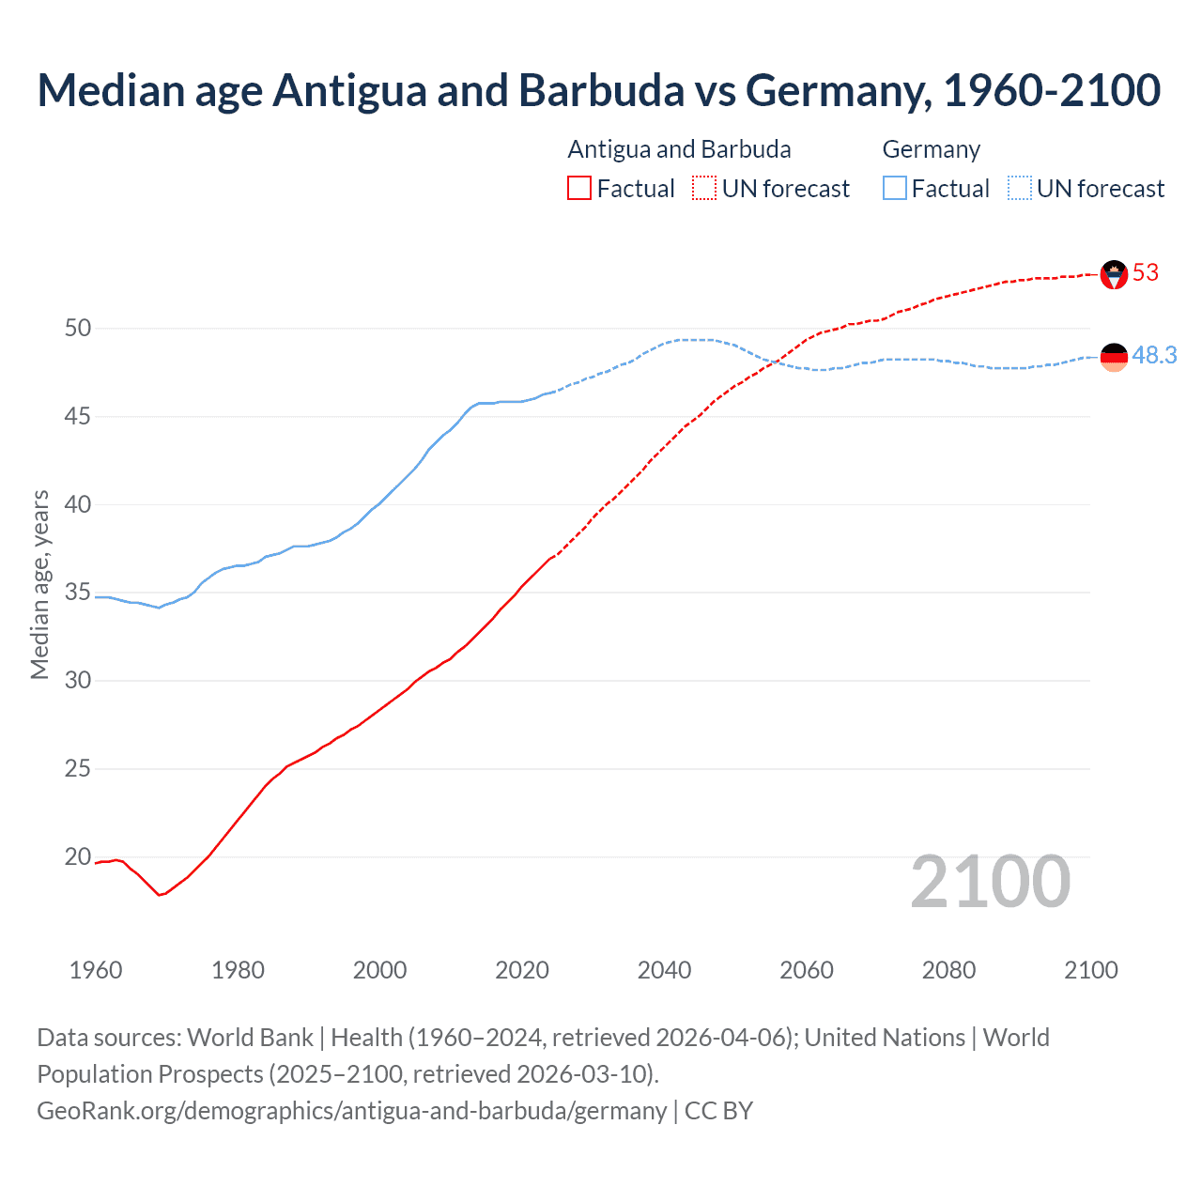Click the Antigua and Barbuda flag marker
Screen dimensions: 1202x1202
click(x=1114, y=274)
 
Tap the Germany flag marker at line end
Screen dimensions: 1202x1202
click(x=1114, y=357)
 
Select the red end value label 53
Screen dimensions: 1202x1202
click(x=1146, y=273)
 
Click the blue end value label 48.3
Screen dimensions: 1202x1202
click(x=1154, y=355)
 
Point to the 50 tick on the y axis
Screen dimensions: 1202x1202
click(x=78, y=328)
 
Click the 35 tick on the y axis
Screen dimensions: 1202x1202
click(x=78, y=593)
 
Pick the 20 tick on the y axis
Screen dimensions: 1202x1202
click(x=78, y=856)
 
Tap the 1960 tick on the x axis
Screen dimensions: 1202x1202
click(x=96, y=970)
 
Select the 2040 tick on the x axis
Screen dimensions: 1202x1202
click(x=664, y=970)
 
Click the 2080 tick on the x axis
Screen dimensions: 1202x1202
click(x=948, y=970)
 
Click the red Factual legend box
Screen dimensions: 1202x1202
click(x=579, y=189)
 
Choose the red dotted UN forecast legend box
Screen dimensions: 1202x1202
click(x=704, y=189)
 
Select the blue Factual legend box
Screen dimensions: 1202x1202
click(x=895, y=189)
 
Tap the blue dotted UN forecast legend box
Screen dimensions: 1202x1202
click(x=1020, y=189)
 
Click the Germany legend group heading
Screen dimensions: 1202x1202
click(x=931, y=149)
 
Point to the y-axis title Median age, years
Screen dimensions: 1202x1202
click(x=39, y=584)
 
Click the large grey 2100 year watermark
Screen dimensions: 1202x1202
click(x=990, y=882)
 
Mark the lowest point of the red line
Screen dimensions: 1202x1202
click(x=160, y=895)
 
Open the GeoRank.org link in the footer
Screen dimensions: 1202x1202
click(x=351, y=1111)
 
